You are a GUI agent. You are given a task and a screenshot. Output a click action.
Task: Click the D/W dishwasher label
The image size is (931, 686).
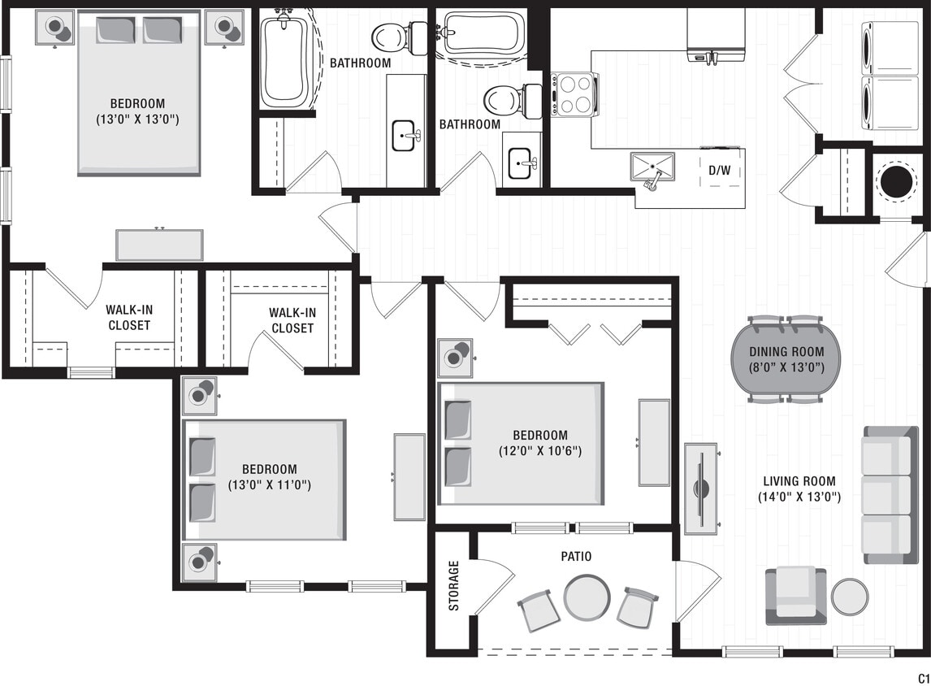tap(718, 171)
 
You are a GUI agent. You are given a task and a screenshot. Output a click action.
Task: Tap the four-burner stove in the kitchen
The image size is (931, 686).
tap(575, 95)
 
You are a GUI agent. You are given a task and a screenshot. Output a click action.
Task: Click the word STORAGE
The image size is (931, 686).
tap(454, 585)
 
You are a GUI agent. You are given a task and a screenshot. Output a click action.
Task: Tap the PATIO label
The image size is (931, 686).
tap(576, 557)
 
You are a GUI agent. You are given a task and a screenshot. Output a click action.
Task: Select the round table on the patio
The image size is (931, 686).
tap(587, 597)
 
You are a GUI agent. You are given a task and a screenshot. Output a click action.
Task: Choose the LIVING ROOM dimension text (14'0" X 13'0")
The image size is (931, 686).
tap(799, 497)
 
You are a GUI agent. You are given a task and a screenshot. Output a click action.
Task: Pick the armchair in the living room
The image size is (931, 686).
tap(795, 596)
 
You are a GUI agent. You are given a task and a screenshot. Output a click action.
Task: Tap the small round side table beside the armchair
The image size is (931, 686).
tap(849, 597)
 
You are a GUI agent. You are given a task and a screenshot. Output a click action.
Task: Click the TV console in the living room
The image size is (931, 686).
tap(700, 488)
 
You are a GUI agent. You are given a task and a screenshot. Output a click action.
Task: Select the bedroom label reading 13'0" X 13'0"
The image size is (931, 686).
tap(137, 119)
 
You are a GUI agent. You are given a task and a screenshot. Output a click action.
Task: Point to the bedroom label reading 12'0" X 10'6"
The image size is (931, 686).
tap(540, 450)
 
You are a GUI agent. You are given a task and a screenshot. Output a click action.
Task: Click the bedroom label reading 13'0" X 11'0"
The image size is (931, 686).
tap(270, 485)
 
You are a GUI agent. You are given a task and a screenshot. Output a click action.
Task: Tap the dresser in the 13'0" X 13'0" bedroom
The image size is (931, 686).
tap(159, 245)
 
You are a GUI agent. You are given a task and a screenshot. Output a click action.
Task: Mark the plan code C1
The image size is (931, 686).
tap(923, 678)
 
